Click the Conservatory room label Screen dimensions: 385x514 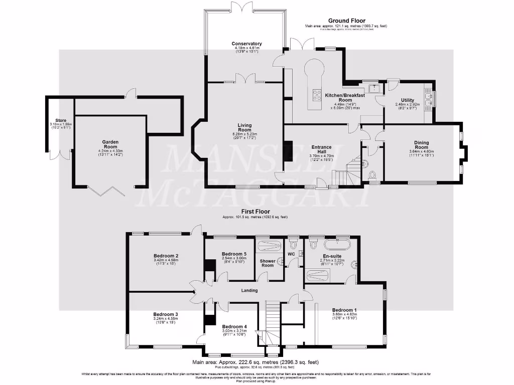tap(246, 44)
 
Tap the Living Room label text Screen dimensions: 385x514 tap(244, 128)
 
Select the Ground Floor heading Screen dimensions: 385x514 tap(346, 21)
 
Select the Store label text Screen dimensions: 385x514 tap(61, 120)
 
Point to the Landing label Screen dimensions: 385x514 tap(249, 290)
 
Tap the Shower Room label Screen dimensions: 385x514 tap(267, 263)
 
